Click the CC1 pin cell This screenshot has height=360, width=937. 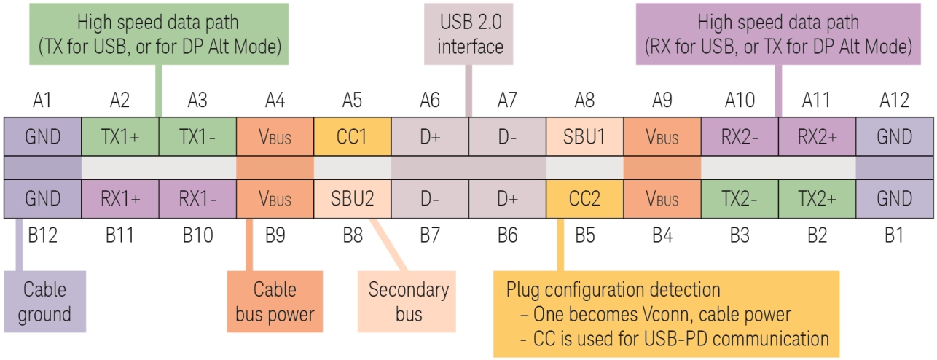click(x=352, y=136)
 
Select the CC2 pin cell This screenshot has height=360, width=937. click(x=584, y=198)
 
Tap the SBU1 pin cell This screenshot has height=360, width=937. click(x=584, y=136)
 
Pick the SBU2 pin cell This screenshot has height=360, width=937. click(x=352, y=198)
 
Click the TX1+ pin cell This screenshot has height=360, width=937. click(x=119, y=136)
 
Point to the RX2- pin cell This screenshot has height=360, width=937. click(x=740, y=136)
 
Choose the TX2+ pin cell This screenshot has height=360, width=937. click(x=817, y=198)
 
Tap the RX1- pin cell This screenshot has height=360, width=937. click(x=197, y=198)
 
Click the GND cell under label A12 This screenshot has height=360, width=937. click(x=895, y=136)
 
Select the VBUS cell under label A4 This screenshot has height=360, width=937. click(x=275, y=136)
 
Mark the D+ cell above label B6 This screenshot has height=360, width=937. click(x=507, y=198)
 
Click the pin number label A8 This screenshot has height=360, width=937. click(x=584, y=100)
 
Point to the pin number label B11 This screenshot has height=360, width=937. click(x=119, y=235)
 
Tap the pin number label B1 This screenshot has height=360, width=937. click(x=895, y=235)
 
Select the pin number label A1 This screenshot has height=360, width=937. click(x=42, y=100)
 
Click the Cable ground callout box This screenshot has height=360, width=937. click(x=45, y=301)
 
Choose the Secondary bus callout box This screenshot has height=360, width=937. click(x=408, y=301)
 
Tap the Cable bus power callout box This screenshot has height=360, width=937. click(x=275, y=301)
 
